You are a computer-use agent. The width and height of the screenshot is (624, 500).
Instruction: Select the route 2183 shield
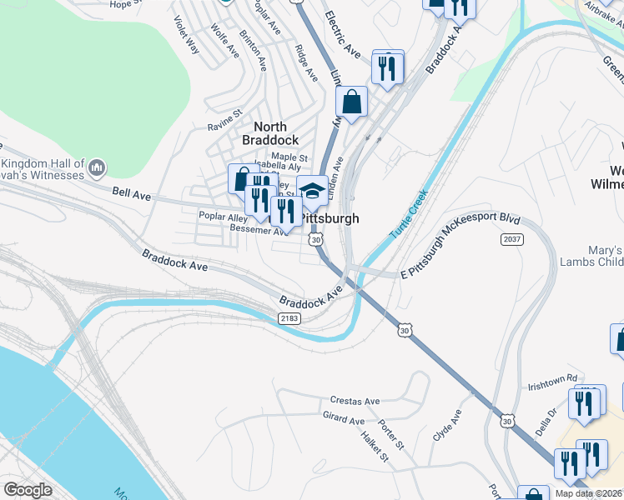(289, 317)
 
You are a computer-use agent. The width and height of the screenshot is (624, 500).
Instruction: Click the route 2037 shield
(512, 239)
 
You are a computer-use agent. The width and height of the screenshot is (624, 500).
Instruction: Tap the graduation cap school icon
(312, 191)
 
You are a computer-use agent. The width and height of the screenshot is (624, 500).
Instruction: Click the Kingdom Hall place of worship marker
(98, 168)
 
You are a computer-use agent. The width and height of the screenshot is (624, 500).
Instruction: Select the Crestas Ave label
(355, 400)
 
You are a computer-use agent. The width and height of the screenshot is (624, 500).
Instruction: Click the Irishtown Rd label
(552, 387)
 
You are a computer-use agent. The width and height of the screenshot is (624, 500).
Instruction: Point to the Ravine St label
(224, 121)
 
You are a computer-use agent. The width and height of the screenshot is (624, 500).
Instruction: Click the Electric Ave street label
(342, 34)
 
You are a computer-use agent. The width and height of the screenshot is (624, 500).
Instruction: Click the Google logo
(28, 489)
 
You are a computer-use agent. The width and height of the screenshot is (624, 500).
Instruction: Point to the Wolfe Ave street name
(224, 40)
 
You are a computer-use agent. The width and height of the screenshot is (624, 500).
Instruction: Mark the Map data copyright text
(588, 493)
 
